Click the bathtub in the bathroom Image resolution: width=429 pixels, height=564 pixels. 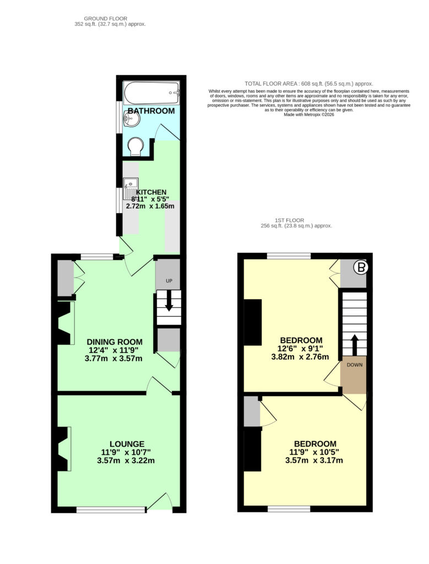point(151,93)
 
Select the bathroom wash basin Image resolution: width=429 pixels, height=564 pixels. point(131,118)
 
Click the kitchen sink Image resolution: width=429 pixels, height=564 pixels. point(130,188)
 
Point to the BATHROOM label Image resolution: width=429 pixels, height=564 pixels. point(151,111)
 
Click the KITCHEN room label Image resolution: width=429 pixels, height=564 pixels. point(151,192)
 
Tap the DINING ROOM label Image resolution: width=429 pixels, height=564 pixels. point(115,341)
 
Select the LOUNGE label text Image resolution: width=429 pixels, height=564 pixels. point(127,444)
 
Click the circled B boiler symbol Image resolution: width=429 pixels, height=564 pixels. point(361,268)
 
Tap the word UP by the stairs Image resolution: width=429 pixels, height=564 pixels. point(169,280)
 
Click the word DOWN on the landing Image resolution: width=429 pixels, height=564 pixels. point(355,365)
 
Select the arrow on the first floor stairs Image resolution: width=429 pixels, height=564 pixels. point(355,345)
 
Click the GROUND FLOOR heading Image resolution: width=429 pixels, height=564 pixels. point(105,18)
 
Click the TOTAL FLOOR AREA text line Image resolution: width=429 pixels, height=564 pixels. point(308,84)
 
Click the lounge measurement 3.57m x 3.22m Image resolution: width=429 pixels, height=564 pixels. point(126,460)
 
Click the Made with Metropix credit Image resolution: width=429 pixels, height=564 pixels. point(309,115)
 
